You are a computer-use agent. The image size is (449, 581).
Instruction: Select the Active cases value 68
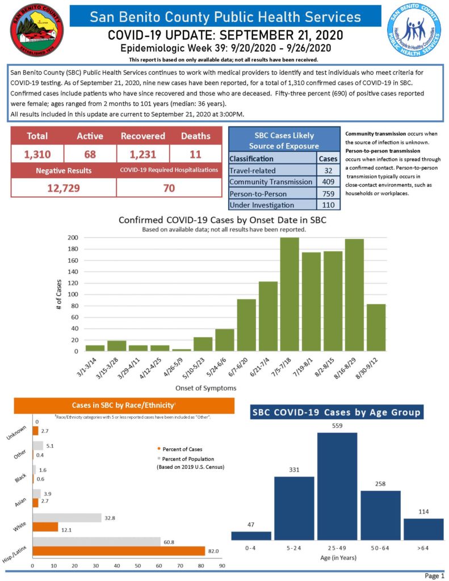[90, 154]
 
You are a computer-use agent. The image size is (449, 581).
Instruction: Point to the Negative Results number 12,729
[63, 188]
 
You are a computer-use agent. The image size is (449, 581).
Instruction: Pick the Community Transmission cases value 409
[328, 182]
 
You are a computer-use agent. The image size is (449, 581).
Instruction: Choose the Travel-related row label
[252, 170]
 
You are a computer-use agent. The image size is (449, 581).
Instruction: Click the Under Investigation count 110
[328, 205]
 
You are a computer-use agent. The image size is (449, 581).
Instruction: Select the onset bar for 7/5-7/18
[289, 294]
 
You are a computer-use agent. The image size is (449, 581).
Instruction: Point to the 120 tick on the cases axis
[72, 283]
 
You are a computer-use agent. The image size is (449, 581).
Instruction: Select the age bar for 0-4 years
[251, 536]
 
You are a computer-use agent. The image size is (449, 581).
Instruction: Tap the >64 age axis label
[423, 549]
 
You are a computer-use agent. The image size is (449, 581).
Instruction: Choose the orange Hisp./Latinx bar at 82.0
[119, 551]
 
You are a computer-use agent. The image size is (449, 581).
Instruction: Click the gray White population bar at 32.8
[67, 518]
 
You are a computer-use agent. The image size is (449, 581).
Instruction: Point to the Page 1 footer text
[434, 576]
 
